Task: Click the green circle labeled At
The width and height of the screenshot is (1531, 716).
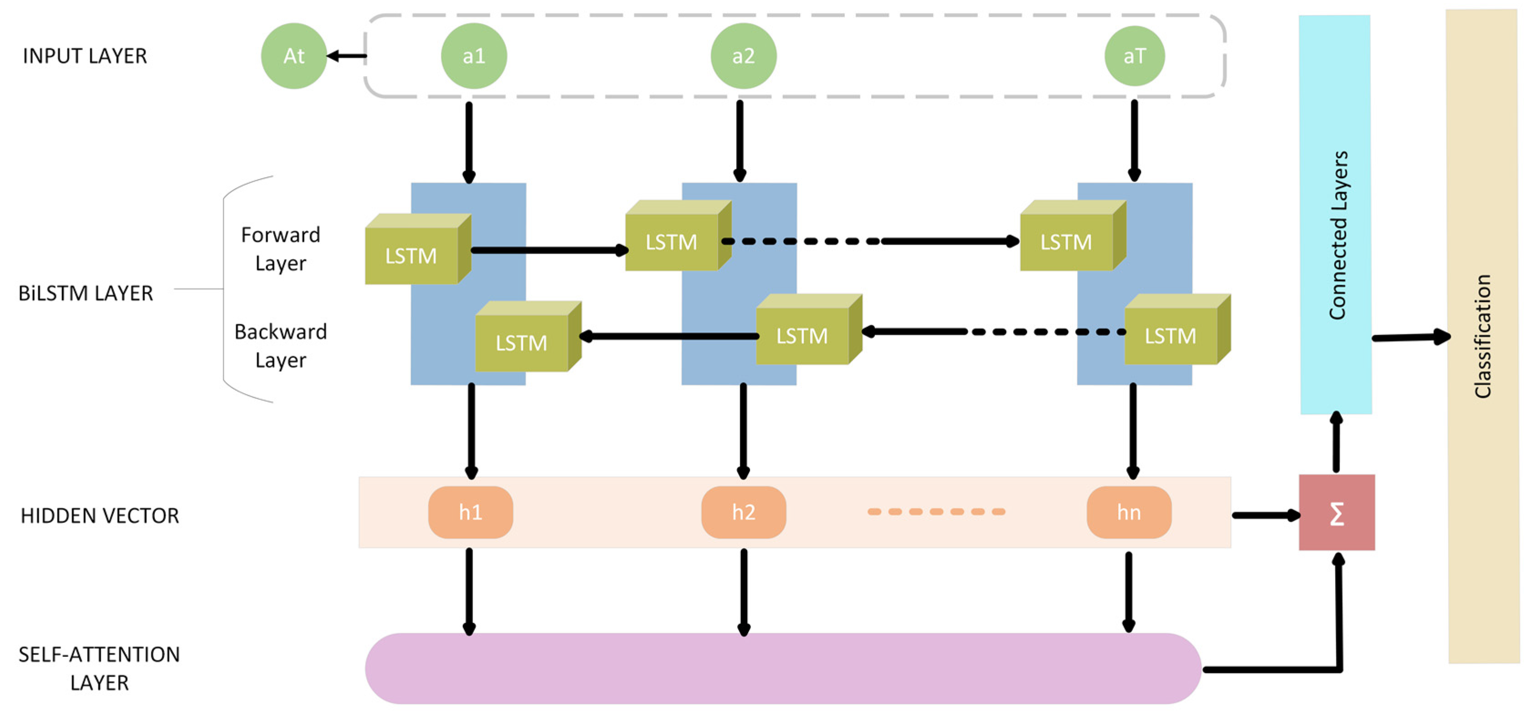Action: pyautogui.click(x=293, y=56)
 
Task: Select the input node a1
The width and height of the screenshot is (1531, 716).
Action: pyautogui.click(x=474, y=56)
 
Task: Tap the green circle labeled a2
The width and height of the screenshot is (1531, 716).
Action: pyautogui.click(x=743, y=56)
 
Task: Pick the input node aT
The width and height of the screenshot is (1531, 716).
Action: pyautogui.click(x=1134, y=56)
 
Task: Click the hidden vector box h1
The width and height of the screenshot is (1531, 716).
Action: pyautogui.click(x=470, y=512)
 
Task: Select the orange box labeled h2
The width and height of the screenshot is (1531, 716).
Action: pyautogui.click(x=744, y=512)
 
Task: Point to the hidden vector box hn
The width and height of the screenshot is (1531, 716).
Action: pyautogui.click(x=1129, y=512)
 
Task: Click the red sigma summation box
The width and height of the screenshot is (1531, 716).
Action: pyautogui.click(x=1336, y=512)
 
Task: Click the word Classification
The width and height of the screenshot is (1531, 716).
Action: pyautogui.click(x=1483, y=336)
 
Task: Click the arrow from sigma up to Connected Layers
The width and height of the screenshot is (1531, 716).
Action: pyautogui.click(x=1336, y=443)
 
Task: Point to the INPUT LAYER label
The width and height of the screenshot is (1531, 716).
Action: pyautogui.click(x=84, y=56)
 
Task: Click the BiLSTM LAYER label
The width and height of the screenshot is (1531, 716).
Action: pyautogui.click(x=86, y=293)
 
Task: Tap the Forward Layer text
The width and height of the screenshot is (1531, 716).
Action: pyautogui.click(x=281, y=248)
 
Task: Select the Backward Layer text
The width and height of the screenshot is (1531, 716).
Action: pyautogui.click(x=281, y=345)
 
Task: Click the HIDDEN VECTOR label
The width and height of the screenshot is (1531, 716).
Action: pyautogui.click(x=99, y=515)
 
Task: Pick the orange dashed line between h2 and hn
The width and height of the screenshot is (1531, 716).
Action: pyautogui.click(x=936, y=511)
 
